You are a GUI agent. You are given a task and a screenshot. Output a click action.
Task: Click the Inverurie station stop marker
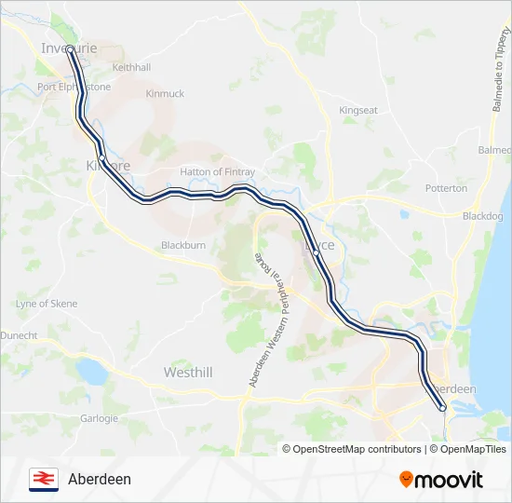click(69, 49)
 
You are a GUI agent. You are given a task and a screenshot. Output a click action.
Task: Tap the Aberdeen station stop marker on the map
click(443, 407)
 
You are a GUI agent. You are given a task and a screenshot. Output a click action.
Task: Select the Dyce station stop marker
click(317, 252)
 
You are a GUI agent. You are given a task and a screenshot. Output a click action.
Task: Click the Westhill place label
click(188, 373)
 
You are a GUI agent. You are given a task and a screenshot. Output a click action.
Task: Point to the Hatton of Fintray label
click(217, 172)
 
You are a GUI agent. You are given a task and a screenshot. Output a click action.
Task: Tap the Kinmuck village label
click(165, 94)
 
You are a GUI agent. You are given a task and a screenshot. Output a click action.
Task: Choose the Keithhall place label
click(130, 68)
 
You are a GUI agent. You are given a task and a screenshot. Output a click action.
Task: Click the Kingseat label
click(358, 110)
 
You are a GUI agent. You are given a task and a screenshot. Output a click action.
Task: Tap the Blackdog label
click(482, 216)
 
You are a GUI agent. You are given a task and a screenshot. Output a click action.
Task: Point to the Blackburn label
click(182, 245)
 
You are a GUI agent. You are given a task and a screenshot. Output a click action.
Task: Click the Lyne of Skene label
click(47, 304)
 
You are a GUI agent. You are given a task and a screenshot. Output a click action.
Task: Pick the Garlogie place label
click(99, 418)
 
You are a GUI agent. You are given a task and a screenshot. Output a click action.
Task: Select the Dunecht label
click(19, 334)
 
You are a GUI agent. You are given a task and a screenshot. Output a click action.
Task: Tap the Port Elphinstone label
click(74, 87)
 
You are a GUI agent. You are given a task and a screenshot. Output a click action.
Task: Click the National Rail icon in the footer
click(43, 479)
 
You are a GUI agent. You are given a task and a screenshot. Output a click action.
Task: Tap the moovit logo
click(441, 480)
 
